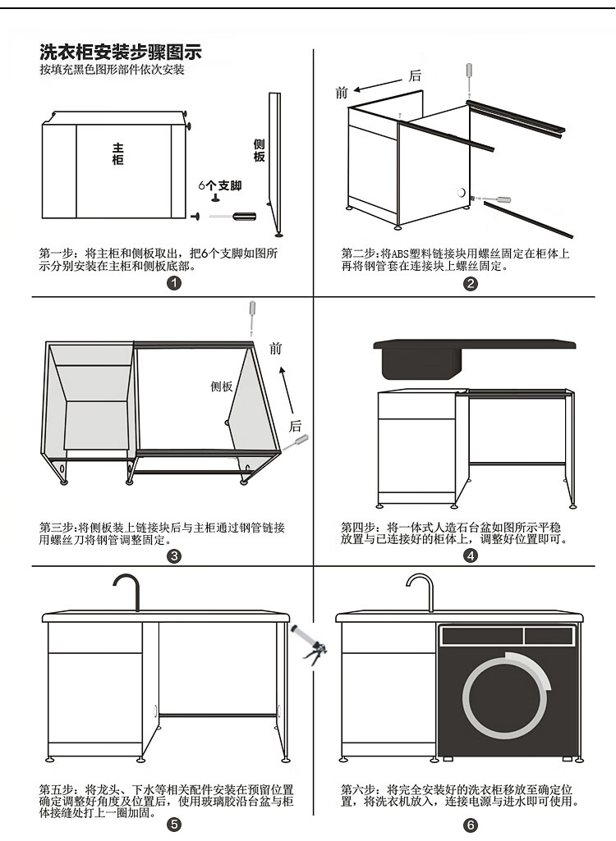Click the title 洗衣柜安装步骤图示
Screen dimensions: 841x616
[121, 53]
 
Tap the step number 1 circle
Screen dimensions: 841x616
[173, 284]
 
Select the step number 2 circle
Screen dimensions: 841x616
[471, 284]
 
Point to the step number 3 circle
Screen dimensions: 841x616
[173, 556]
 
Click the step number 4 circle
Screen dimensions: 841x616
[471, 556]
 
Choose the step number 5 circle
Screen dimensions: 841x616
[173, 825]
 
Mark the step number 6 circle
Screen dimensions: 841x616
[471, 825]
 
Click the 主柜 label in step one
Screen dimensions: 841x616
[118, 154]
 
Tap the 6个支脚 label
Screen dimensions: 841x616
[220, 186]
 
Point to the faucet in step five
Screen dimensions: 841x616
[126, 591]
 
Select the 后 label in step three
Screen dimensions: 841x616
[296, 425]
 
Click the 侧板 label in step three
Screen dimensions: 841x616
[222, 386]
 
